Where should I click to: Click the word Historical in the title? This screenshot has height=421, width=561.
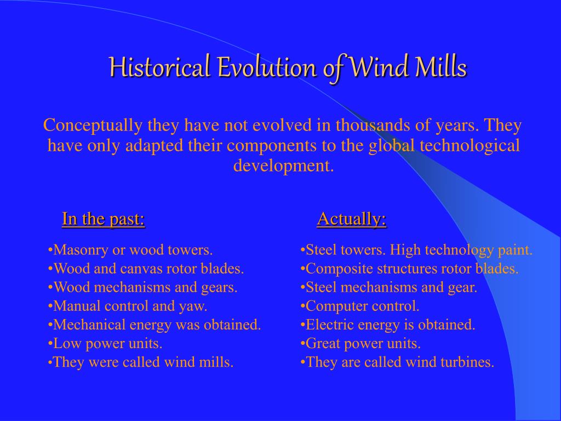coord(159,66)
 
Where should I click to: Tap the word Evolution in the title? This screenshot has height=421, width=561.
coord(267,66)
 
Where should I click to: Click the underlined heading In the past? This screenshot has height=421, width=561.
coord(104,218)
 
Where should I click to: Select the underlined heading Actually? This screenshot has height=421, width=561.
coord(352,218)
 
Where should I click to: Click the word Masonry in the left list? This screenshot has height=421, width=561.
coord(81,250)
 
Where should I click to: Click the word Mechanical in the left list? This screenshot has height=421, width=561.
coord(89,325)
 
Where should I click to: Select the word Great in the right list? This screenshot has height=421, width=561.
coord(323,343)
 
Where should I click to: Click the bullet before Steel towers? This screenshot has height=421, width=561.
coord(303,250)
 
